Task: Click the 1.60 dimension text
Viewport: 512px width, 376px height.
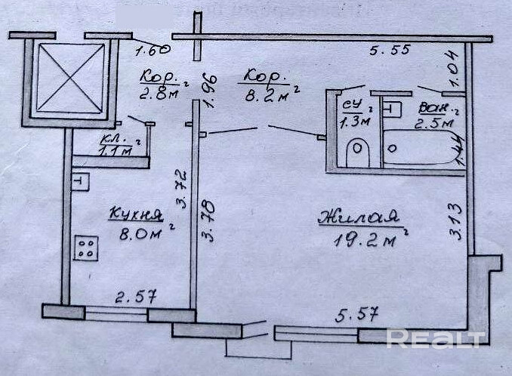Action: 152,51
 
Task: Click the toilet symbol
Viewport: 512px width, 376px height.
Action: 357,153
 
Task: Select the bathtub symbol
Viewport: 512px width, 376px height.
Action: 421,149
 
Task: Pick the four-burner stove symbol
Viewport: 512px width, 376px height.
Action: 86,248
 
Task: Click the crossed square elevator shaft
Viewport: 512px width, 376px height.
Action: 70,79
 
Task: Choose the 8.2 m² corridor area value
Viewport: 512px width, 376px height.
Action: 268,96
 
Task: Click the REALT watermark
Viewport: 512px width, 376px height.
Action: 436,339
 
